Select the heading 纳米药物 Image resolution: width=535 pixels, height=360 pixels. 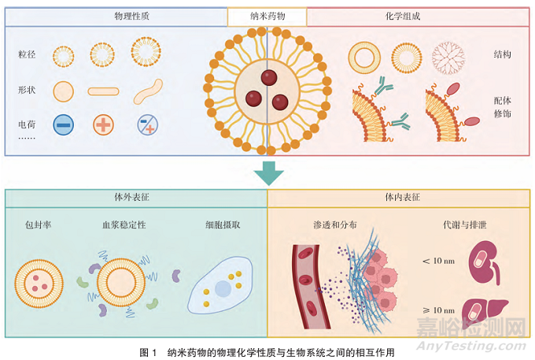pos(267,15)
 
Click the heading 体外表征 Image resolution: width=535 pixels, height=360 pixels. pos(136,197)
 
